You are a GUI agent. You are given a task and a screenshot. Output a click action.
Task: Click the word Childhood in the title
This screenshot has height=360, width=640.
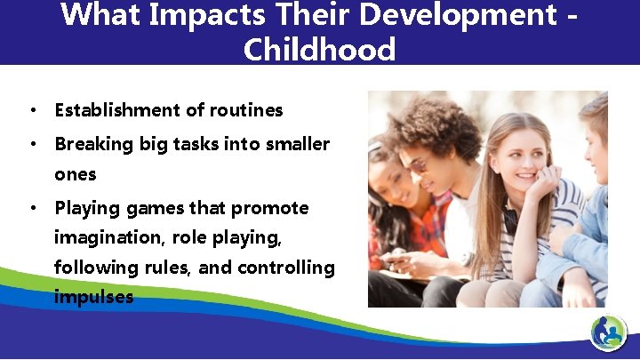click(319, 49)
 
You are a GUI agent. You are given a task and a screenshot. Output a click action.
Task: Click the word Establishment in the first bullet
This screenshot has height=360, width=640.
click(120, 110)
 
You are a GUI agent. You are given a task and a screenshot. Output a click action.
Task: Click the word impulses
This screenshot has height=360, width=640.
click(93, 297)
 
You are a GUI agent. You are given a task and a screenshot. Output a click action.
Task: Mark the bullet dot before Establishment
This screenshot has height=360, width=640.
click(32, 111)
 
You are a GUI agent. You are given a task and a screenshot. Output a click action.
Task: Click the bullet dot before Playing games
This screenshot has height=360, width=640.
click(32, 209)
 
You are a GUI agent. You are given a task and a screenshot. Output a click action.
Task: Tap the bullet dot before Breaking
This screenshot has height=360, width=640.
click(32, 145)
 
